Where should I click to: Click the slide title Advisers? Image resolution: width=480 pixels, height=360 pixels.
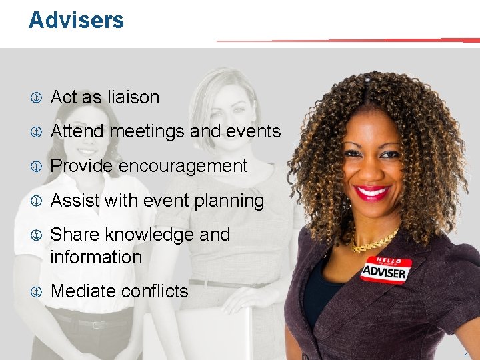coord(76,20)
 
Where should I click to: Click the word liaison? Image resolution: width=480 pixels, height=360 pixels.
coord(133,97)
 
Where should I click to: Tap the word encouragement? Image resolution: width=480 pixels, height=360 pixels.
coord(183,166)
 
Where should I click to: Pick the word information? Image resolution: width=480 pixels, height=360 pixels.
coord(96,257)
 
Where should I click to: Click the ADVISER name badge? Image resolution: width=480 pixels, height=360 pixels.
coord(385,270)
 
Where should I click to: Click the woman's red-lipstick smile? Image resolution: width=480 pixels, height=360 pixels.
coord(372,193)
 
